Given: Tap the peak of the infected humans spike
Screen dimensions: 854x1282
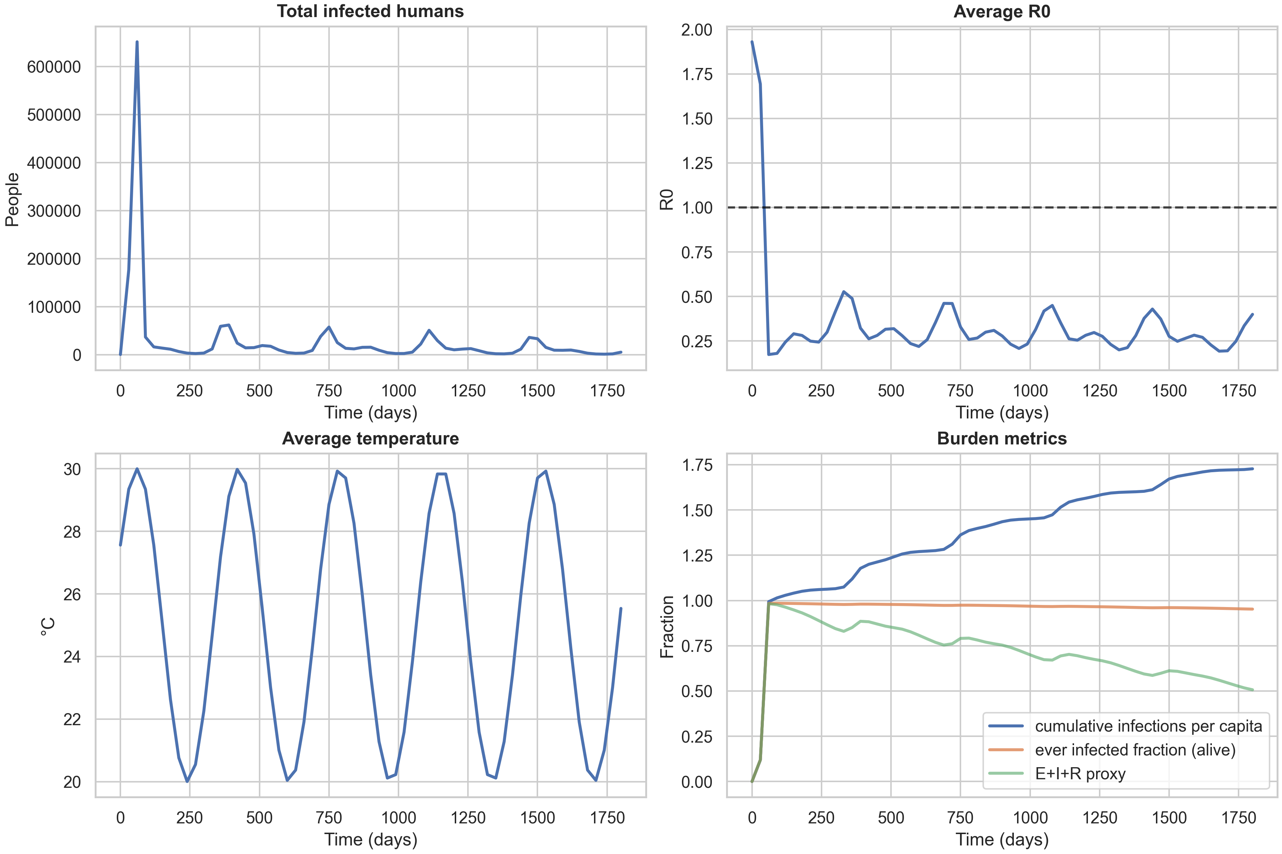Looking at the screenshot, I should [137, 42].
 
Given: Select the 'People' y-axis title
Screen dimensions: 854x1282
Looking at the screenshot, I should [12, 199].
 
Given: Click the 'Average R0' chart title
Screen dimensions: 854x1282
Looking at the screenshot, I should [1001, 11].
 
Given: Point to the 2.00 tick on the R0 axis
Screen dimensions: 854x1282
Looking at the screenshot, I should [696, 30].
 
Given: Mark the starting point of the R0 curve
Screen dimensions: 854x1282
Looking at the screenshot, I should [752, 42].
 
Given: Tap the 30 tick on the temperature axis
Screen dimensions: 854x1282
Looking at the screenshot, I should [72, 469].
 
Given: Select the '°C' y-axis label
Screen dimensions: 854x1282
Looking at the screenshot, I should [48, 626].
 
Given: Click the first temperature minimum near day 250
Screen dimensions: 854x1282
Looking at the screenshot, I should [187, 781].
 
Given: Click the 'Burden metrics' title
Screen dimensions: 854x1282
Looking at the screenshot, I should [1001, 438].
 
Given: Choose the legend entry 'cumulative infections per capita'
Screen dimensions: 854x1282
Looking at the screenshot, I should [1148, 726].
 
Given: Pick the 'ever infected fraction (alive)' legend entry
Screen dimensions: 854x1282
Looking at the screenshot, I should [1135, 750].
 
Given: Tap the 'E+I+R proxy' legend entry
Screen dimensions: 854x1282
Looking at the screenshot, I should [1080, 774].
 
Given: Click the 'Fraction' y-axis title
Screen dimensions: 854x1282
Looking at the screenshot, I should [667, 626].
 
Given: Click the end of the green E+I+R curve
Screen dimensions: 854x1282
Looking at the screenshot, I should [1252, 690].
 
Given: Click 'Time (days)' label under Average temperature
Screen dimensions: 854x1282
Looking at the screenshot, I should [371, 839].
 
